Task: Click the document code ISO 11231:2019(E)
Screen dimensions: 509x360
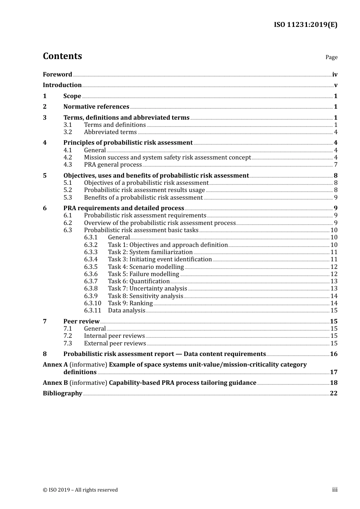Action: (305, 25)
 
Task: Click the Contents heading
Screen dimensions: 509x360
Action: (62, 56)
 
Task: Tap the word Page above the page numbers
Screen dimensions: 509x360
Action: (331, 57)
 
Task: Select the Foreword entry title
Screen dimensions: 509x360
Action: (57, 75)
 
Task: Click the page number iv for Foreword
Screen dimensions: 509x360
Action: (335, 75)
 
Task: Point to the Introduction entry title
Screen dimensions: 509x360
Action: (62, 85)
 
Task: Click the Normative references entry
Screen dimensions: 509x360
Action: (96, 107)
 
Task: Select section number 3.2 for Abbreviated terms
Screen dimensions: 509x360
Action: (67, 132)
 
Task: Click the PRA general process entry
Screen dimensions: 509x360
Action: (113, 165)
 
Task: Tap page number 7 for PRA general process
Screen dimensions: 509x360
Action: (336, 165)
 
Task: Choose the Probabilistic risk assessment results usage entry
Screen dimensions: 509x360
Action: (144, 190)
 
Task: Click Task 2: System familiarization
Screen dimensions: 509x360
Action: (150, 252)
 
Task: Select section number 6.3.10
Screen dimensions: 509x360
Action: (92, 303)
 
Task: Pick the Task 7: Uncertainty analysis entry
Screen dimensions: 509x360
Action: (147, 289)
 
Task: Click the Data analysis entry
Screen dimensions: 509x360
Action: (127, 311)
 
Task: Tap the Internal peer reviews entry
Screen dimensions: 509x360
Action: (114, 336)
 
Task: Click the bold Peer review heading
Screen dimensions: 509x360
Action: (81, 322)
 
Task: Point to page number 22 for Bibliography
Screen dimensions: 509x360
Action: (333, 393)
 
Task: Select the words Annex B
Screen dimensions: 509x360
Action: (55, 383)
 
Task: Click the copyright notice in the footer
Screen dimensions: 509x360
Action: (80, 490)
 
